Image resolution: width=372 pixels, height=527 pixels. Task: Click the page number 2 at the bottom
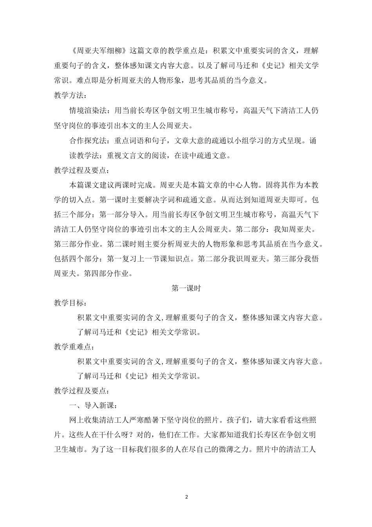186,497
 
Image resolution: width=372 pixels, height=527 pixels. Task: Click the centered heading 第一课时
186,288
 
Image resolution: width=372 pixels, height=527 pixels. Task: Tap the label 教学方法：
71,96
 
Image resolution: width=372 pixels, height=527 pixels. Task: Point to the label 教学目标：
71,303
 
